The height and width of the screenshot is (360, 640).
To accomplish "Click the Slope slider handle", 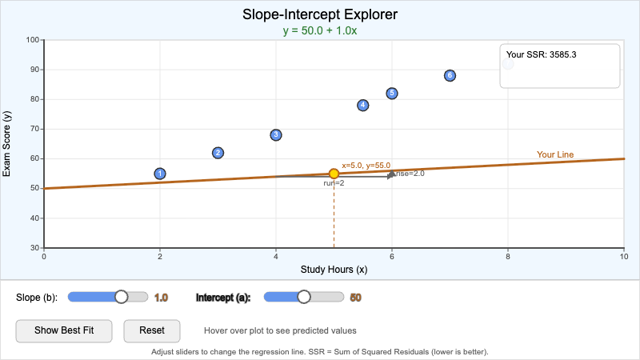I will [x=122, y=297].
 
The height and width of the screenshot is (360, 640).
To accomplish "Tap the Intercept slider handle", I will [x=303, y=297].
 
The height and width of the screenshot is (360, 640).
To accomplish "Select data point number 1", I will [x=160, y=174].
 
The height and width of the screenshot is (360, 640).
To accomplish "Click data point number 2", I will [x=218, y=153].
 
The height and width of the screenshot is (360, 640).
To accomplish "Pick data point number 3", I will [x=276, y=135].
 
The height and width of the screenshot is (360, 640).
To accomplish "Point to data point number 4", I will [x=363, y=106].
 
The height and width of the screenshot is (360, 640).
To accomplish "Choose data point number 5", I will [x=392, y=94].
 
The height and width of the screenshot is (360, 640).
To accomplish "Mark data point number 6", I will [x=450, y=75].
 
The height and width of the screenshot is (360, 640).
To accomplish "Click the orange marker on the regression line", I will [x=334, y=174].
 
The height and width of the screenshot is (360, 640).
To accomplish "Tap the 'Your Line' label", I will [x=554, y=155].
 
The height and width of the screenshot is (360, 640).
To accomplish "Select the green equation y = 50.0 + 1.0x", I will [x=320, y=30].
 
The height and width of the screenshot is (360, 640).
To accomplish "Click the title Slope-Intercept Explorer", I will [x=320, y=14].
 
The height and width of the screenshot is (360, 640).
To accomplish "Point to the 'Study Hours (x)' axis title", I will [x=334, y=270].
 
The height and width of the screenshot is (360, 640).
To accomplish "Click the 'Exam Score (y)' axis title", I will [x=7, y=144].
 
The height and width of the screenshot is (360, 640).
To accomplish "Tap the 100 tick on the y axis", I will [x=33, y=39].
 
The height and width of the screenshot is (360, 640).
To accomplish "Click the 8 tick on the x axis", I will [x=508, y=256].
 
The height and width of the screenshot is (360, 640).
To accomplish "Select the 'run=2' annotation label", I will [x=334, y=183].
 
